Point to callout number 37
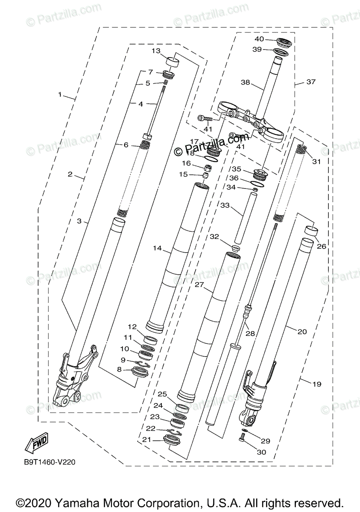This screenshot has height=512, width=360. (x=311, y=81)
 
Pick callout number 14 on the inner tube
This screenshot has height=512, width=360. (x=157, y=248)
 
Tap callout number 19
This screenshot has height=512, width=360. (x=316, y=384)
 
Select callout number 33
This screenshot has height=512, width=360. (x=225, y=205)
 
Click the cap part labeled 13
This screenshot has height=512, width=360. (x=173, y=61)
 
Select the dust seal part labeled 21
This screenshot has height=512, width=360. (x=172, y=439)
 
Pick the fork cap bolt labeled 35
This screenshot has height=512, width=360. (x=259, y=175)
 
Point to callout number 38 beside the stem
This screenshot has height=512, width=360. (x=245, y=82)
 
